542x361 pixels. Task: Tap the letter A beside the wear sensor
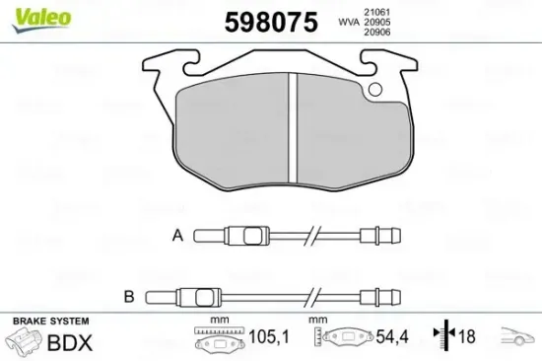point(177,235)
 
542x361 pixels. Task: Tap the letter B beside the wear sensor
point(128,295)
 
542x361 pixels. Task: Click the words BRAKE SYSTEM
point(49,322)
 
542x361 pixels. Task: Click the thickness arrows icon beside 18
point(443,337)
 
